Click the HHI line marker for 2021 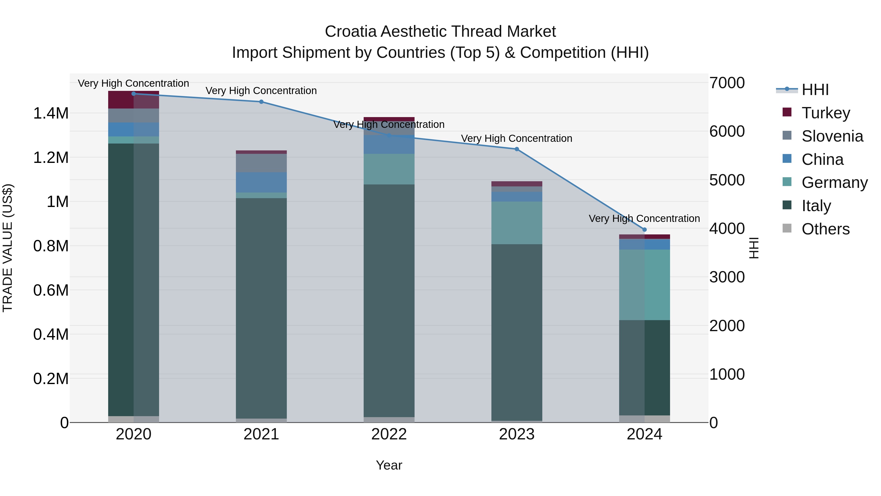(261, 102)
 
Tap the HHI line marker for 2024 (644, 230)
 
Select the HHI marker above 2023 (517, 149)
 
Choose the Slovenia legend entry (832, 136)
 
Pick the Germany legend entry (834, 182)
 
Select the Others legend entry (825, 229)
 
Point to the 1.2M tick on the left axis (51, 158)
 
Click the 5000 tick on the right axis (727, 180)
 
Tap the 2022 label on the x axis (389, 434)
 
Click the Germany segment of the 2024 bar (644, 285)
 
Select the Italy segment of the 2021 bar (261, 308)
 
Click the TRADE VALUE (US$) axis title (8, 248)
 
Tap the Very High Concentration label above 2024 (644, 218)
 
